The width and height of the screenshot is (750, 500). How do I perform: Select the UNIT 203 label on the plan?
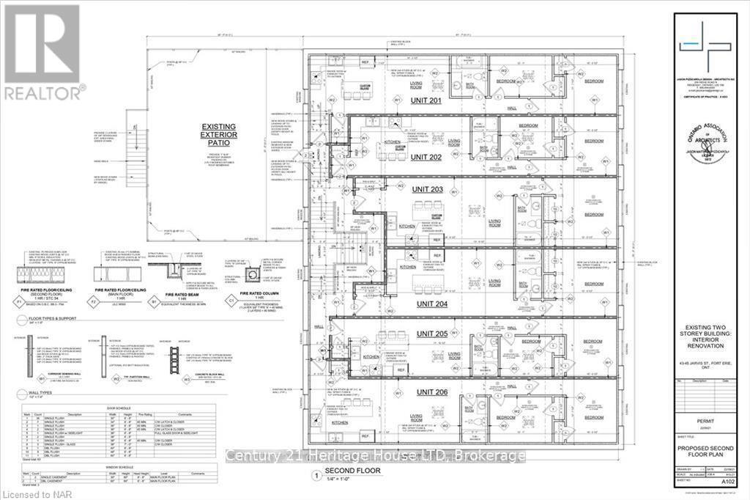(426, 191)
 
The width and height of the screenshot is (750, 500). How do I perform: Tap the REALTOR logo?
(42, 50)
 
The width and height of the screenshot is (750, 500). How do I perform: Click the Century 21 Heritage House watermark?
(376, 456)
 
